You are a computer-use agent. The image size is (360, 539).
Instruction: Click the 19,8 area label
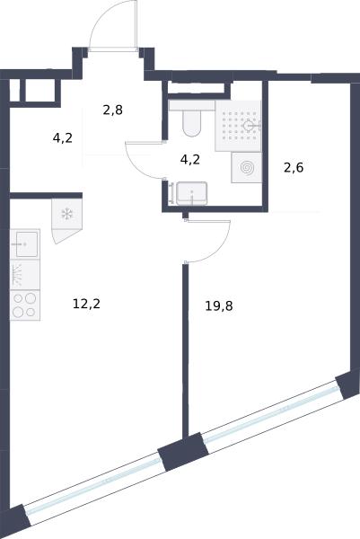pyautogui.click(x=219, y=305)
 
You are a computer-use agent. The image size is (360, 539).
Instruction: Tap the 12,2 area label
pyautogui.click(x=86, y=304)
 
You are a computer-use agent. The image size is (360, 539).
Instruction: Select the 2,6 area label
pyautogui.click(x=294, y=168)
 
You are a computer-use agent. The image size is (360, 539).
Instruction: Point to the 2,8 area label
pyautogui.click(x=113, y=110)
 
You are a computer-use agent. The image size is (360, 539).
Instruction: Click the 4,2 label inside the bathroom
pyautogui.click(x=190, y=160)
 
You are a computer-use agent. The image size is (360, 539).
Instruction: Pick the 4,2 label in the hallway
pyautogui.click(x=63, y=138)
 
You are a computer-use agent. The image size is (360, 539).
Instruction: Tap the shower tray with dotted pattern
pyautogui.click(x=238, y=126)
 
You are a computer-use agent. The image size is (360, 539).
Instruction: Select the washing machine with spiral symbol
pyautogui.click(x=247, y=168)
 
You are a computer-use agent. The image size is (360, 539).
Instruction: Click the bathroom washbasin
pyautogui.click(x=192, y=193)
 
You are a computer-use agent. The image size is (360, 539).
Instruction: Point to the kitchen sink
pyautogui.click(x=25, y=244)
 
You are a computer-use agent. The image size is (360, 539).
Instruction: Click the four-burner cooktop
pyautogui.click(x=25, y=305)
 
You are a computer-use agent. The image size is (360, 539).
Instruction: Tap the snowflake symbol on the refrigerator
pyautogui.click(x=66, y=214)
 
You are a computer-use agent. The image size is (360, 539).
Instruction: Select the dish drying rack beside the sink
pyautogui.click(x=25, y=275)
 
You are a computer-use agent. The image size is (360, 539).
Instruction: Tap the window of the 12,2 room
pyautogui.click(x=93, y=482)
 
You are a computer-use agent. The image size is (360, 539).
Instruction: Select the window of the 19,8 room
pyautogui.click(x=271, y=411)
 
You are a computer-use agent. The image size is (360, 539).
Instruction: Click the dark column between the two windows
pyautogui.click(x=183, y=452)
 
